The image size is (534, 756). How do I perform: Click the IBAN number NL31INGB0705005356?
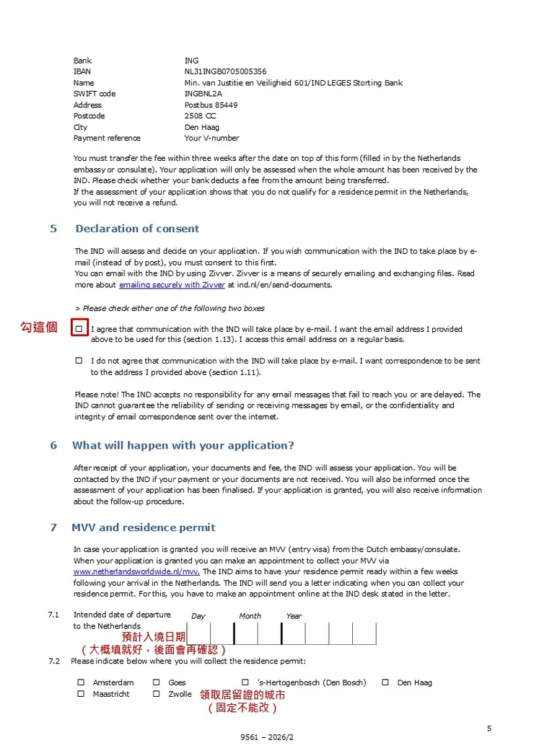click(225, 71)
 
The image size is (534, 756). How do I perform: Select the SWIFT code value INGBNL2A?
click(203, 94)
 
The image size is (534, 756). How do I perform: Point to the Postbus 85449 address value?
click(211, 105)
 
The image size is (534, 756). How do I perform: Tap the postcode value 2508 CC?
click(200, 116)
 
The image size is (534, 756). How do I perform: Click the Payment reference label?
click(107, 139)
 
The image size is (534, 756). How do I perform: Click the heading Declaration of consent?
click(137, 229)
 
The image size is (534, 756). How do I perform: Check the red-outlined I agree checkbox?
click(79, 329)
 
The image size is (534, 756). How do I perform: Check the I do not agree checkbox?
click(79, 361)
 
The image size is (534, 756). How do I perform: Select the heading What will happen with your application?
click(183, 446)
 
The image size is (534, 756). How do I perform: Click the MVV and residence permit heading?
click(143, 527)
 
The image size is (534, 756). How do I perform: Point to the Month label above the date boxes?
click(250, 616)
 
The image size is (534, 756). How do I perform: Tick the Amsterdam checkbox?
click(82, 682)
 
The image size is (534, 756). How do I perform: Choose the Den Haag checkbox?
click(385, 682)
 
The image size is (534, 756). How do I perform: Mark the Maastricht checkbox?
click(82, 694)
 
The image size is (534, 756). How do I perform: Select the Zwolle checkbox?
click(157, 694)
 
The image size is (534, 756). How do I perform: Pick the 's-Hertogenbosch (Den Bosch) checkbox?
click(245, 682)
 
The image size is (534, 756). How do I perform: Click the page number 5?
click(489, 729)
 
